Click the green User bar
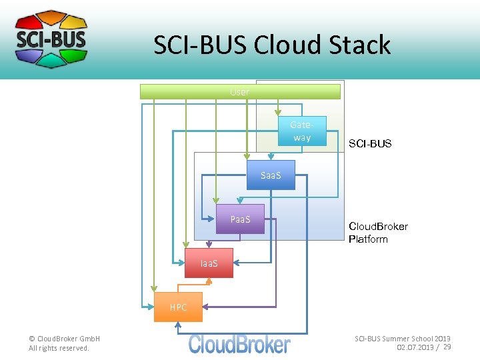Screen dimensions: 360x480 [240, 92]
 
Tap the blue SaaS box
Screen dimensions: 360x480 [271, 175]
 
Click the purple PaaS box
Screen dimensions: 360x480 [239, 219]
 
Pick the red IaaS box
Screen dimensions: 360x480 [209, 263]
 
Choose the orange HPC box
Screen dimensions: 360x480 [178, 307]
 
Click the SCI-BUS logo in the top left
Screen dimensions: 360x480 [51, 39]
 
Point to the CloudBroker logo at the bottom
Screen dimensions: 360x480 [239, 344]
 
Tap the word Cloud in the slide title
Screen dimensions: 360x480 [289, 45]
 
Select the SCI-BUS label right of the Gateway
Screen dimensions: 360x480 [370, 143]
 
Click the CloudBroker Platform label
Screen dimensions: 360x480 [378, 233]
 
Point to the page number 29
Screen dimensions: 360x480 [447, 347]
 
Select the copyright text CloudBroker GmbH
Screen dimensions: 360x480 [64, 339]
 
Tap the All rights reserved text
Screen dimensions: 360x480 [59, 348]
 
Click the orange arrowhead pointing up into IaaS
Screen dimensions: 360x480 [209, 281]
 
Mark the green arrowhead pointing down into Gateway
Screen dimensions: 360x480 [279, 118]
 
